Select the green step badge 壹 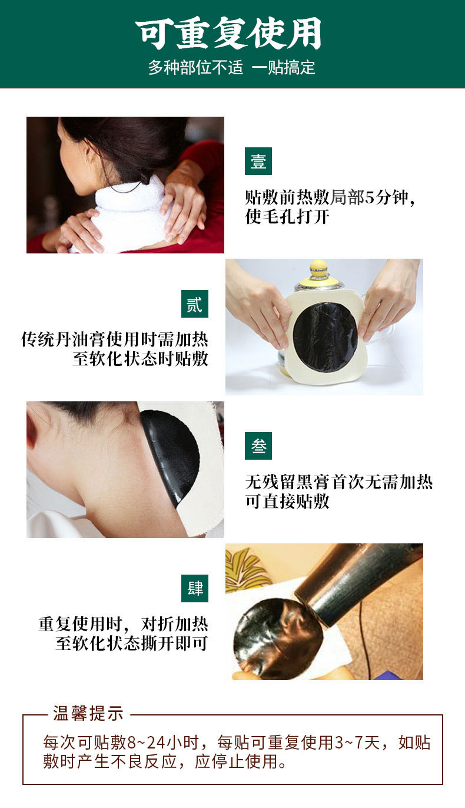258,161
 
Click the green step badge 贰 194,304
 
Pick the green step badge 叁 258,446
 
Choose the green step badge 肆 194,588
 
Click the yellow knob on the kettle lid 319,269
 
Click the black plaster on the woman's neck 171,454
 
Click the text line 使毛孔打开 287,217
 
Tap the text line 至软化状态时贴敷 140,358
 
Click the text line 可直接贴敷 287,502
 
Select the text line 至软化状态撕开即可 132,644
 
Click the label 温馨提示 88,714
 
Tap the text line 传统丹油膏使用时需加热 115,340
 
